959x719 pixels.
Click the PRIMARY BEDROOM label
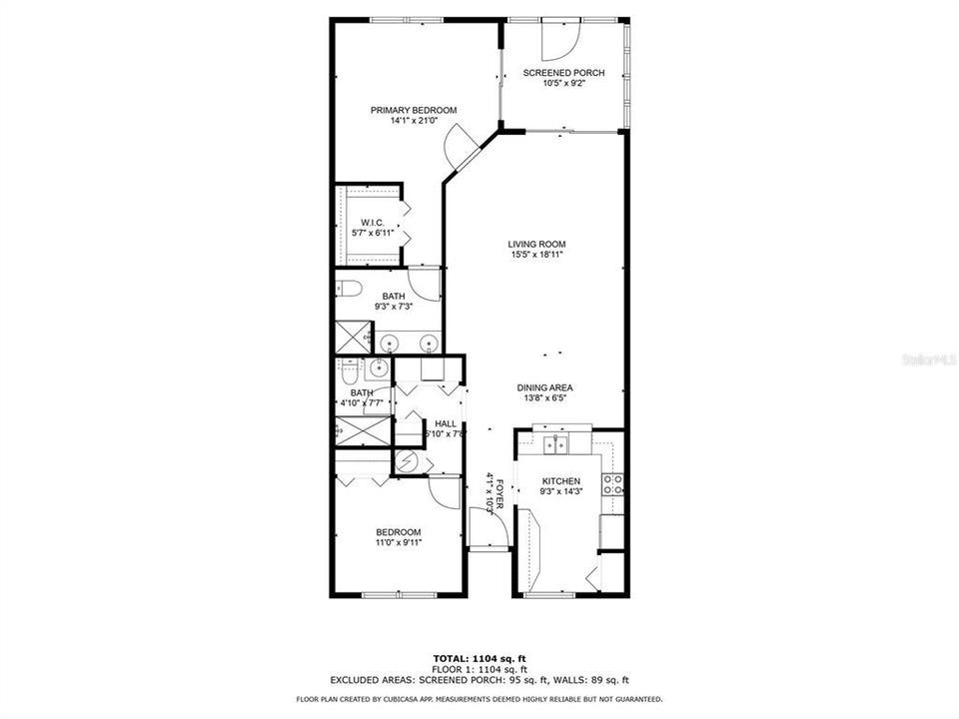tap(414, 110)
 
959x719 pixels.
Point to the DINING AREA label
tap(544, 388)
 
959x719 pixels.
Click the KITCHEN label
tap(560, 481)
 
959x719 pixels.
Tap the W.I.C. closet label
tap(372, 223)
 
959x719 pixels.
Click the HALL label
tap(418, 423)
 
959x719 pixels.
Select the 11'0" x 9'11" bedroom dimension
tap(398, 543)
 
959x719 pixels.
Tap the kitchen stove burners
tap(612, 484)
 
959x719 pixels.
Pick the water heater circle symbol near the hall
tap(408, 461)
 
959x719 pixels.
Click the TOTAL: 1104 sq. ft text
tap(479, 658)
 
